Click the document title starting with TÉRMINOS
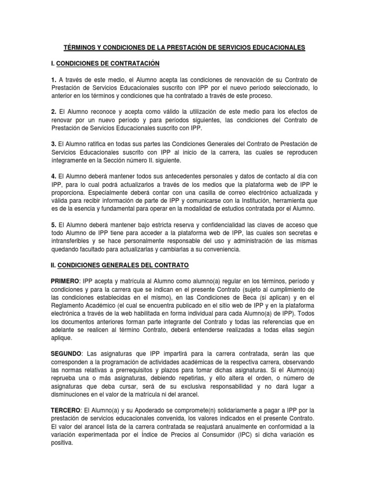(x=184, y=48)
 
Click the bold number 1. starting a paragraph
(x=54, y=79)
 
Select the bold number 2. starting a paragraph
(x=54, y=112)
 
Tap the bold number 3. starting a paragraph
(x=54, y=144)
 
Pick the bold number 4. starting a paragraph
(x=54, y=176)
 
